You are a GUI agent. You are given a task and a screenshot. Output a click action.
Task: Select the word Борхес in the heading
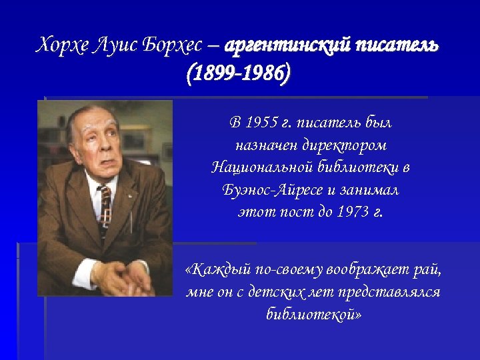171,46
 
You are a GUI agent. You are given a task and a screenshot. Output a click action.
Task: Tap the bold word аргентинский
288,46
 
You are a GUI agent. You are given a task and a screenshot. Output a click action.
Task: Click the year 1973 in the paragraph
351,213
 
